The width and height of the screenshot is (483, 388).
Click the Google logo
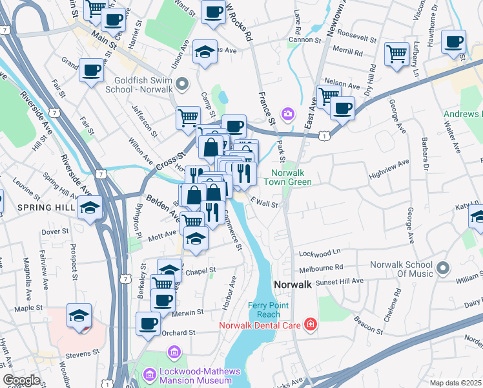[21, 380]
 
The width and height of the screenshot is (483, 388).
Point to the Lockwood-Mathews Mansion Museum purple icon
[150, 374]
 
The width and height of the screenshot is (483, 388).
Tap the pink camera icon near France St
[288, 114]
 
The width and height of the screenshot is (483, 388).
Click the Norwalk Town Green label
[291, 177]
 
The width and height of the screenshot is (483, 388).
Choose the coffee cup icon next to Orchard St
[148, 323]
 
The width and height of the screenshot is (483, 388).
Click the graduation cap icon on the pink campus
[79, 316]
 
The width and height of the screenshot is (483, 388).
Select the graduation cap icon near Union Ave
[205, 52]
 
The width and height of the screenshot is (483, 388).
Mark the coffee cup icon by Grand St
[92, 69]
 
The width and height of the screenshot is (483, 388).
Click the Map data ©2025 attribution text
[455, 382]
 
